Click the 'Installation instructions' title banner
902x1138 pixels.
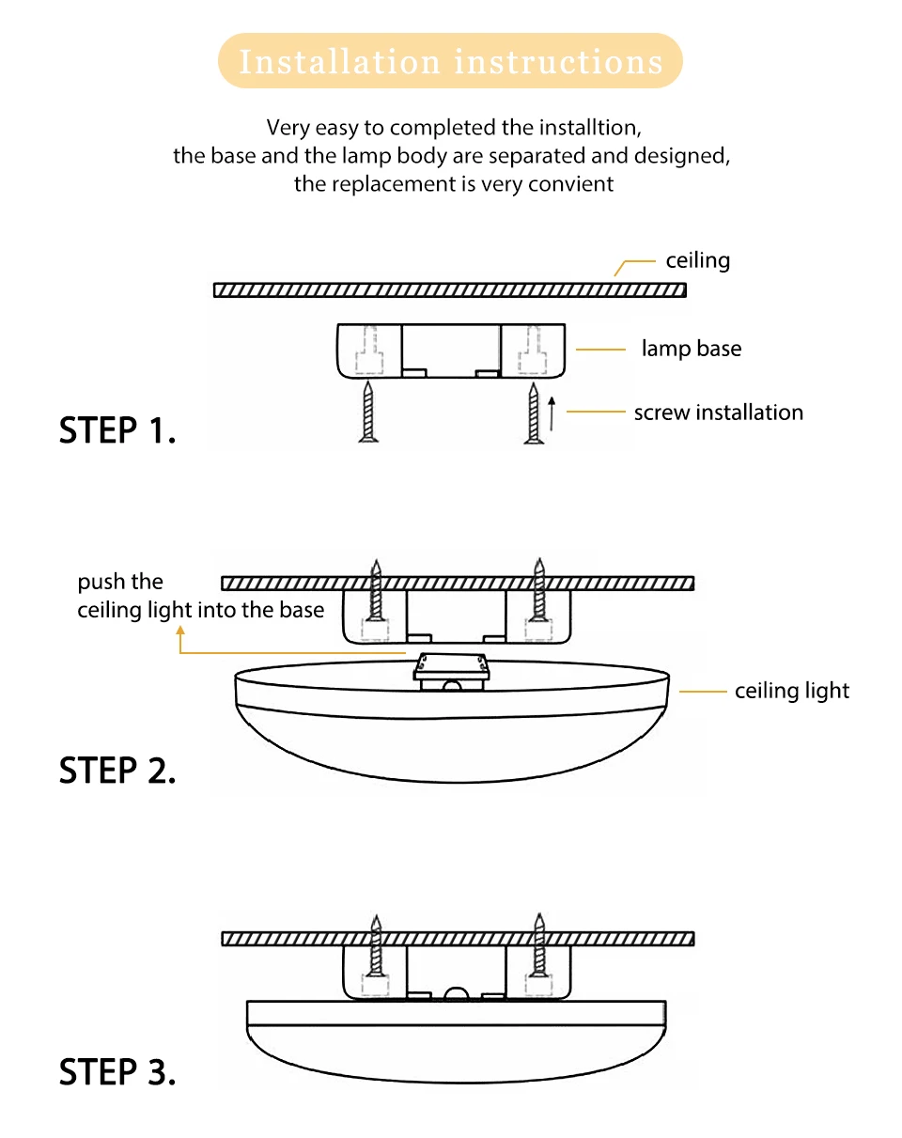pos(450,61)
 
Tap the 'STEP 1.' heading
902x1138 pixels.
pos(117,430)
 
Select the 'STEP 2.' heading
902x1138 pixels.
pos(117,771)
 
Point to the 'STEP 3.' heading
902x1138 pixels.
pos(117,1072)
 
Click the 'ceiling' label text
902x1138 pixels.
pos(698,260)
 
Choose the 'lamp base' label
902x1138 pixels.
pos(692,349)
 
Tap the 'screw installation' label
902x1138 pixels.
pos(719,413)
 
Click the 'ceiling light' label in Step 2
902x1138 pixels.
pos(792,691)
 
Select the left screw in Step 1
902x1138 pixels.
pos(368,413)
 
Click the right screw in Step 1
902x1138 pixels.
pos(534,413)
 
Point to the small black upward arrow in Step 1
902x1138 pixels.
pos(552,413)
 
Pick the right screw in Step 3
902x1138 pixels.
pos(539,944)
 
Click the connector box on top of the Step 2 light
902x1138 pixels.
pos(452,672)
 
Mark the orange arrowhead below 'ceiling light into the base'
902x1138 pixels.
pos(180,631)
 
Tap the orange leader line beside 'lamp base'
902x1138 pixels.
pos(600,350)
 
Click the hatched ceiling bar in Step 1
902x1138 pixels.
pos(450,289)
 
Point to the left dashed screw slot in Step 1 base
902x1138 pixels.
pos(369,351)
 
